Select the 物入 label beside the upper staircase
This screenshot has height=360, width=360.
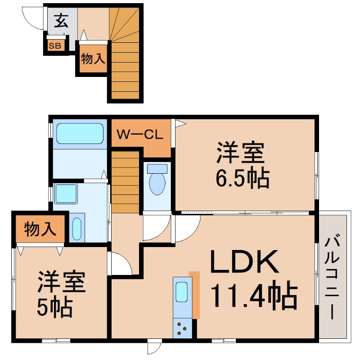point(93,58)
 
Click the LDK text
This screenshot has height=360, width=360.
point(244,262)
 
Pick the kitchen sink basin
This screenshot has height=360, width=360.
point(182,292)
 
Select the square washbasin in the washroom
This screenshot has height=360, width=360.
point(66,194)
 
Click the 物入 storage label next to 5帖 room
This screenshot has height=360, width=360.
point(40,229)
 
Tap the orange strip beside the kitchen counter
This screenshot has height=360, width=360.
point(194,295)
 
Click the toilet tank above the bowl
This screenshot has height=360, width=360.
point(157,169)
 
